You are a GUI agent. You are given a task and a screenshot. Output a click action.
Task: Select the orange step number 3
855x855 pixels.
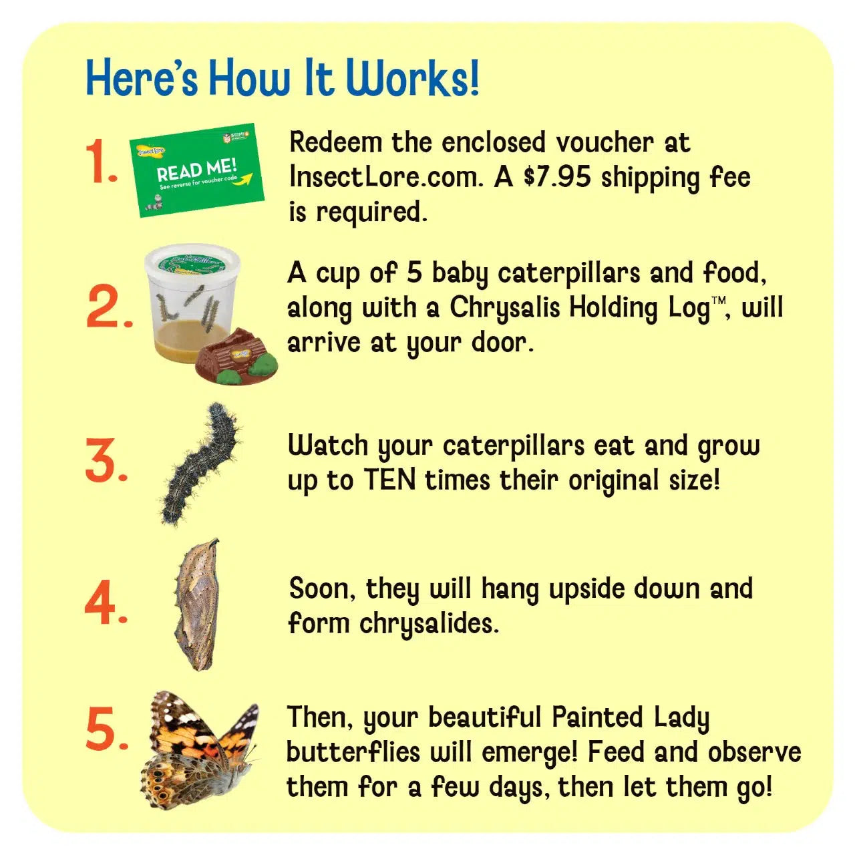[106, 460]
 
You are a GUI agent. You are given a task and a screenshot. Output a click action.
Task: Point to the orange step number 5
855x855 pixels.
[107, 727]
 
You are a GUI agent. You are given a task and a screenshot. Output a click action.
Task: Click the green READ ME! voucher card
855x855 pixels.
[197, 170]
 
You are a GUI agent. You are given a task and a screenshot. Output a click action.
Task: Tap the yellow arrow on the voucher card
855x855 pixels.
[244, 179]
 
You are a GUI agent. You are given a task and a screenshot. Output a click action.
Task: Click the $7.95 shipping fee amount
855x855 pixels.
[556, 176]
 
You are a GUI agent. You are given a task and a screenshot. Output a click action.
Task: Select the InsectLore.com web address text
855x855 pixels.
[385, 177]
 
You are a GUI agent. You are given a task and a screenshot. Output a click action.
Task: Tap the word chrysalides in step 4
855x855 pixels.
[430, 623]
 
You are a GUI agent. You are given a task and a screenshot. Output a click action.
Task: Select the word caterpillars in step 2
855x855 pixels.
[569, 273]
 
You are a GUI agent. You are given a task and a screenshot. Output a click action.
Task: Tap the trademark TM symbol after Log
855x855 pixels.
[719, 301]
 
